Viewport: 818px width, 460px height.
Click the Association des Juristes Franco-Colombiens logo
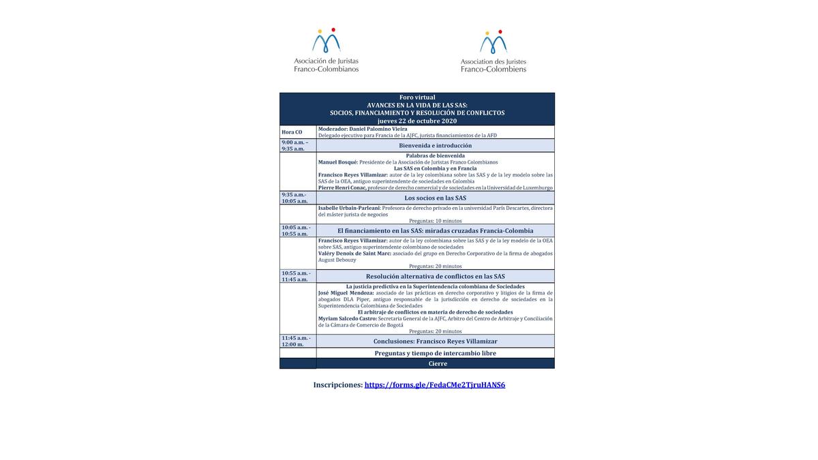tap(493, 51)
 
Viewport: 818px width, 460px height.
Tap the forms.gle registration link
tap(435, 385)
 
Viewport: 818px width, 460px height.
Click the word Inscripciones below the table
tap(337, 385)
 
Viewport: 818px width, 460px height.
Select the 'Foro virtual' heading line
tap(416, 97)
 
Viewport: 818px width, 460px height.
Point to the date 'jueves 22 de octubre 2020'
tap(416, 121)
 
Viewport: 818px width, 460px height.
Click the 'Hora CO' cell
tap(292, 132)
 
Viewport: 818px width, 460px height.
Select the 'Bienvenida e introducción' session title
tap(435, 145)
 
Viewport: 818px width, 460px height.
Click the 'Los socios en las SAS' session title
tap(435, 198)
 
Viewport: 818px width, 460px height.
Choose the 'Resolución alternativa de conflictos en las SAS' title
tap(435, 276)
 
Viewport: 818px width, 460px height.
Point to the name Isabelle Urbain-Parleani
tap(349, 208)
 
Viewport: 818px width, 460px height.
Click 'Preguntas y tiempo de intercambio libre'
tap(435, 353)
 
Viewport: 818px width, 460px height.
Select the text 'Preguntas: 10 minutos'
tap(435, 221)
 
